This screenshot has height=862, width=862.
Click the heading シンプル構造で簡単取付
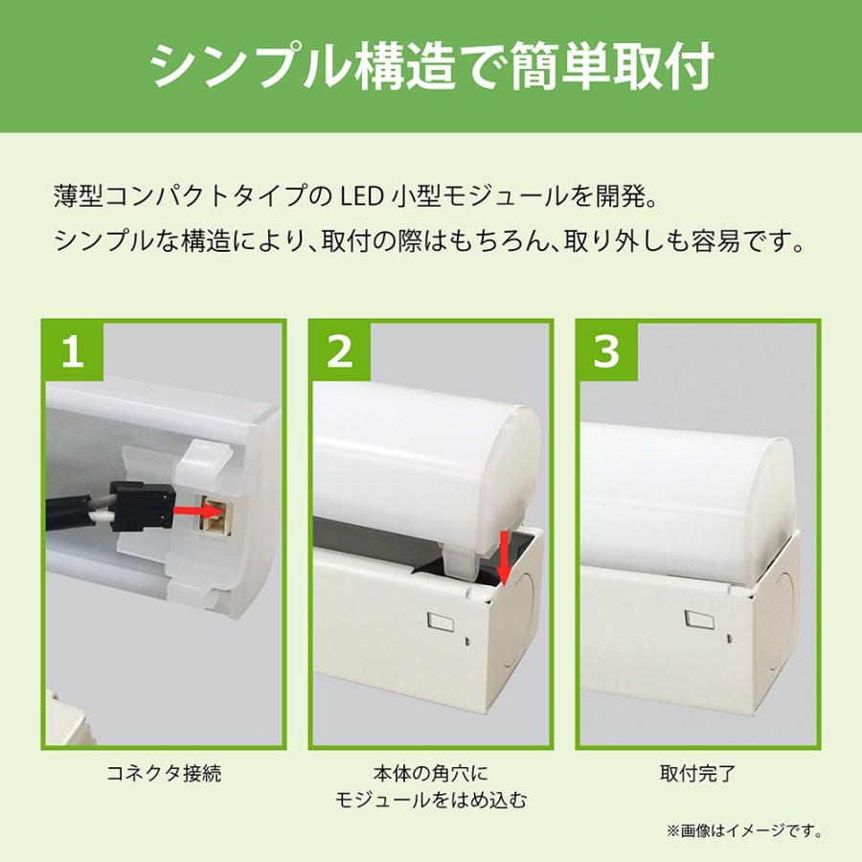coord(432,67)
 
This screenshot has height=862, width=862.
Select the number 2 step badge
coord(340,352)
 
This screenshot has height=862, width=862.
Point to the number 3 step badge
coord(607,352)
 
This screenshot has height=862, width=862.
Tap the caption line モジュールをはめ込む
coord(430,801)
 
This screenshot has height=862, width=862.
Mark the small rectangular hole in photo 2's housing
coord(441,624)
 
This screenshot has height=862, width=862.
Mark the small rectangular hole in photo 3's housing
coord(698,618)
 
